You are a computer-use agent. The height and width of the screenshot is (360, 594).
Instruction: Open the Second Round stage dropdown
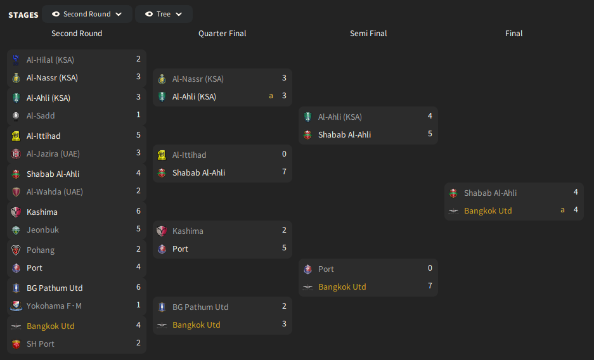(x=87, y=14)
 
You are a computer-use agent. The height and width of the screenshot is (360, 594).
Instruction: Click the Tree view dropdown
(x=164, y=14)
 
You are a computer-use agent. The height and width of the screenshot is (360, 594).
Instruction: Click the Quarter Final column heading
(x=223, y=34)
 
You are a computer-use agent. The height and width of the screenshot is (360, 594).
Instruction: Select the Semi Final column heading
(x=368, y=34)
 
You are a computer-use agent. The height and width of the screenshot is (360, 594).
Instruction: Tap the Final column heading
(x=513, y=34)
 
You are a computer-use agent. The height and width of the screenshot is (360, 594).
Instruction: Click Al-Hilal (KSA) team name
(x=50, y=60)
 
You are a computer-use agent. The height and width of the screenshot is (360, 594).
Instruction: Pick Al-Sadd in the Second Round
(x=41, y=115)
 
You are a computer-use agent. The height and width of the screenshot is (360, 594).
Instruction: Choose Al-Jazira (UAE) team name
(x=53, y=153)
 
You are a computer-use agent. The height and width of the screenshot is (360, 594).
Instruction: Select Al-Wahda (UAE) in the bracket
(x=55, y=191)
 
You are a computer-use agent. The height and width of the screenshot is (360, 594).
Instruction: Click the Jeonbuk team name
(x=43, y=230)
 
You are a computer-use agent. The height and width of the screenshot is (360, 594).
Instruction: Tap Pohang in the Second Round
(x=41, y=250)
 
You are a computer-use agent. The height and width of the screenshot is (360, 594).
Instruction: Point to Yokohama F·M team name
(x=54, y=306)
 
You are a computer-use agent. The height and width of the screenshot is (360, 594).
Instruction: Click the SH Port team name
(x=41, y=344)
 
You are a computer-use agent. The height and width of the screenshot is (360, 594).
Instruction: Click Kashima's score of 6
(x=138, y=211)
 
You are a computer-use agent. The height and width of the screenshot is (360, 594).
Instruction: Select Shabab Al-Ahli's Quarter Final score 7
(x=284, y=172)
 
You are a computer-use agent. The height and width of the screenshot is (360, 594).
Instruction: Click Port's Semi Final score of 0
(x=430, y=268)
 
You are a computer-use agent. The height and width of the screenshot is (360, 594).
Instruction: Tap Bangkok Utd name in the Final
(x=488, y=211)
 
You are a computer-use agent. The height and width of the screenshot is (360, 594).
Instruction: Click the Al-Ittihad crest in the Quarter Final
(x=162, y=155)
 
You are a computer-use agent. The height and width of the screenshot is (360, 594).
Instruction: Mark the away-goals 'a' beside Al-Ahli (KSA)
(x=271, y=96)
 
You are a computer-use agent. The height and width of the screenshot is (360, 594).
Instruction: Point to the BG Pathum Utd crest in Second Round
(x=16, y=288)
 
